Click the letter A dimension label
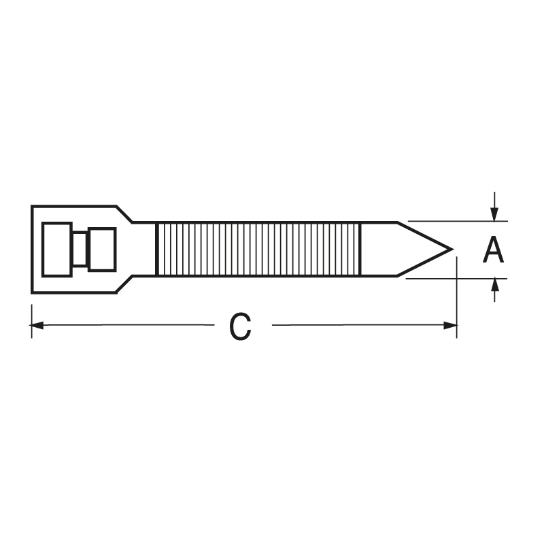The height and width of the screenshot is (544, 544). (x=494, y=250)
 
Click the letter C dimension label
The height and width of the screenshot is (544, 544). (x=240, y=327)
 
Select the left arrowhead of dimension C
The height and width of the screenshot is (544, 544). (x=38, y=325)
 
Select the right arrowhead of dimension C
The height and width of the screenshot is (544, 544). (x=450, y=325)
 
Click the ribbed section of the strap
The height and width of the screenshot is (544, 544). (x=258, y=249)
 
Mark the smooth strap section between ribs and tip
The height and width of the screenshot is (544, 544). (x=378, y=249)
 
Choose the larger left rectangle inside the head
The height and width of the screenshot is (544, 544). (x=56, y=250)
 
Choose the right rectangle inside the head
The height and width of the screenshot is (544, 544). (x=102, y=250)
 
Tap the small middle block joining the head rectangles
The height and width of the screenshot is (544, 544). (x=80, y=250)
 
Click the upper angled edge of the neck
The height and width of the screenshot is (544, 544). (x=125, y=214)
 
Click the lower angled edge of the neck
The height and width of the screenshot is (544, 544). (x=125, y=285)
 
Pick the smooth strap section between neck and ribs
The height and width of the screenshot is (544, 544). (x=144, y=249)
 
